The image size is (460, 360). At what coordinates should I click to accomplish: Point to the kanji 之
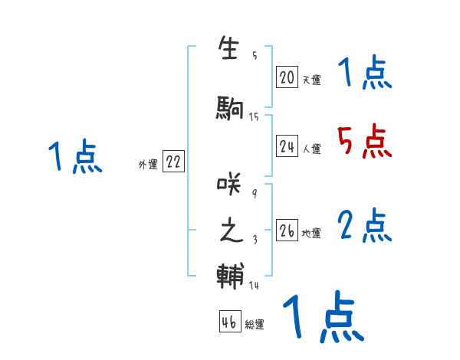pyautogui.click(x=231, y=231)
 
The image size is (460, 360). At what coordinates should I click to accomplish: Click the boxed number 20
pyautogui.click(x=287, y=77)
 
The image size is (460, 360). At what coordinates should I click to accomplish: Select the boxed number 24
pyautogui.click(x=287, y=146)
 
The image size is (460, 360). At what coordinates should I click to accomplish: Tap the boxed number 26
pyautogui.click(x=287, y=231)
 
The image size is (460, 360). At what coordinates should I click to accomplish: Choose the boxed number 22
pyautogui.click(x=173, y=162)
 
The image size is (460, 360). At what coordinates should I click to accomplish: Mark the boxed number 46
pyautogui.click(x=229, y=322)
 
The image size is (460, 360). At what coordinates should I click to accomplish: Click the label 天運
pyautogui.click(x=311, y=80)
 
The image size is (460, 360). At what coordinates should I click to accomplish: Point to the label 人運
pyautogui.click(x=311, y=149)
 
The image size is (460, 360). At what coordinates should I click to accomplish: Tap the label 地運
pyautogui.click(x=311, y=234)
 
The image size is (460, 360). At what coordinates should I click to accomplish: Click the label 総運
pyautogui.click(x=255, y=325)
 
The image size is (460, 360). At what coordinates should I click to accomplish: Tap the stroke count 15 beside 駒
pyautogui.click(x=254, y=116)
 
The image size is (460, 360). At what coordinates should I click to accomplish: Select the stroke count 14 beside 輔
pyautogui.click(x=254, y=285)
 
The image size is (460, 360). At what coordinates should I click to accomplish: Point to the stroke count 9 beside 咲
pyautogui.click(x=255, y=193)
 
